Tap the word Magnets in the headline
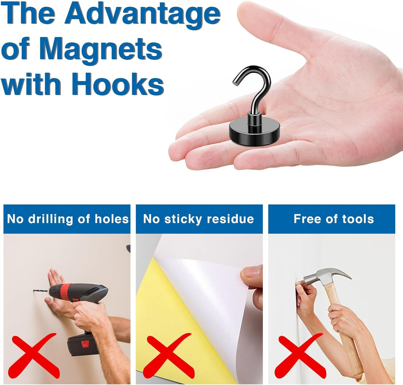pyautogui.click(x=100, y=50)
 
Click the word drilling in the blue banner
pyautogui.click(x=50, y=219)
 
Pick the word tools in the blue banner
pyautogui.click(x=358, y=219)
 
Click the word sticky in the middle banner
pyautogui.click(x=183, y=219)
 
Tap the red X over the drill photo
pyautogui.click(x=35, y=355)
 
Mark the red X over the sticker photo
pyautogui.click(x=169, y=355)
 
